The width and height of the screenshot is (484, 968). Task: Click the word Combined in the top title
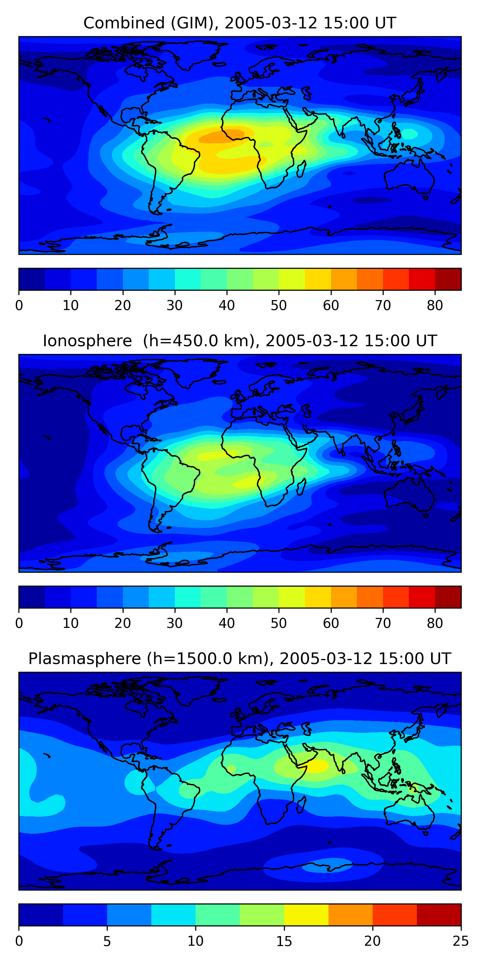[124, 23]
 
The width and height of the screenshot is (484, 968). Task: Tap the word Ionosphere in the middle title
[87, 341]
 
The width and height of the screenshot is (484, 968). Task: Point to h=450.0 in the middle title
[183, 341]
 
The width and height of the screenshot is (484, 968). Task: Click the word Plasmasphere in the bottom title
[84, 659]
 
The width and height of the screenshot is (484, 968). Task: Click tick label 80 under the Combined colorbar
[435, 306]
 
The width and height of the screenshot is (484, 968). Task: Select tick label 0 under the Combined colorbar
[19, 306]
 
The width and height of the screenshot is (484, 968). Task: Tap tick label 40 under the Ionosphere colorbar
[227, 623]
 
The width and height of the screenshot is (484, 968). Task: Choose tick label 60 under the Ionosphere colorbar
[331, 623]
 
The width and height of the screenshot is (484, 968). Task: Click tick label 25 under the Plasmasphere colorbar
[461, 941]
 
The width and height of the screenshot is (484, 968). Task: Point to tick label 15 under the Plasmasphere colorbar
[284, 941]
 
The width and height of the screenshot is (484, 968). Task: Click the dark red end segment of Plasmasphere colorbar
[439, 915]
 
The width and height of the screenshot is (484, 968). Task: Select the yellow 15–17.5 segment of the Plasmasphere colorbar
[306, 915]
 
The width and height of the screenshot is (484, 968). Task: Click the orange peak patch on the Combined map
[222, 136]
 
